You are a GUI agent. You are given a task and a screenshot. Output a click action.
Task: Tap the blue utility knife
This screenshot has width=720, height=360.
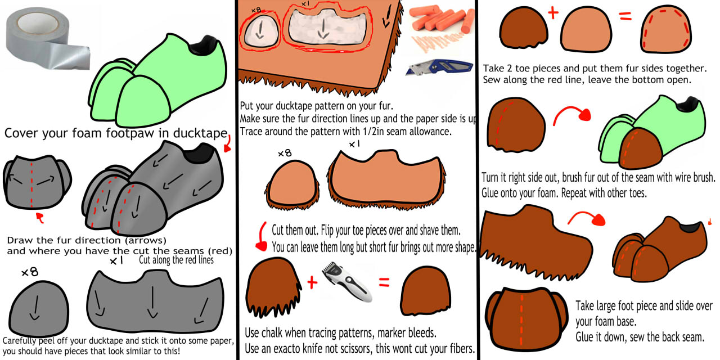click(439, 67)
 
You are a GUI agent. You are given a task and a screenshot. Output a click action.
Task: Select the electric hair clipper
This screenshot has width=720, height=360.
click(347, 282)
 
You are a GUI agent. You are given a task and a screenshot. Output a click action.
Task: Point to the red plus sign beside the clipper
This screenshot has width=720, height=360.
click(312, 283)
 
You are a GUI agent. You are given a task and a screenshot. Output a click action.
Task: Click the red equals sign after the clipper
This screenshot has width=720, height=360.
click(384, 282)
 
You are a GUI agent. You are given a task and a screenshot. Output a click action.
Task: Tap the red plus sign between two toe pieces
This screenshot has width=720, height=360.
click(553, 13)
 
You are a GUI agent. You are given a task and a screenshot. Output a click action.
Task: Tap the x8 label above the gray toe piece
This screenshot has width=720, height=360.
click(30, 273)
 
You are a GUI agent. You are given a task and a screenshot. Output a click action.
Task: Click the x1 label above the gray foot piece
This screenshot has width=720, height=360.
click(116, 260)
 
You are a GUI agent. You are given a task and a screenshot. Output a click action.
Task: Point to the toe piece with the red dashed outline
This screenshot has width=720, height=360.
click(665, 29)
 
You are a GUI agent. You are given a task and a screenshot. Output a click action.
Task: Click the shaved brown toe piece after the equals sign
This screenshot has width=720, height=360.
click(425, 291)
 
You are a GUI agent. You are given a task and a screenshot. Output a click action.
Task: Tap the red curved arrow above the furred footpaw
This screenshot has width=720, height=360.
click(587, 218)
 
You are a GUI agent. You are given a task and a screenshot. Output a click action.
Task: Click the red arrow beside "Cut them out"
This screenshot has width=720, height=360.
click(261, 236)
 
